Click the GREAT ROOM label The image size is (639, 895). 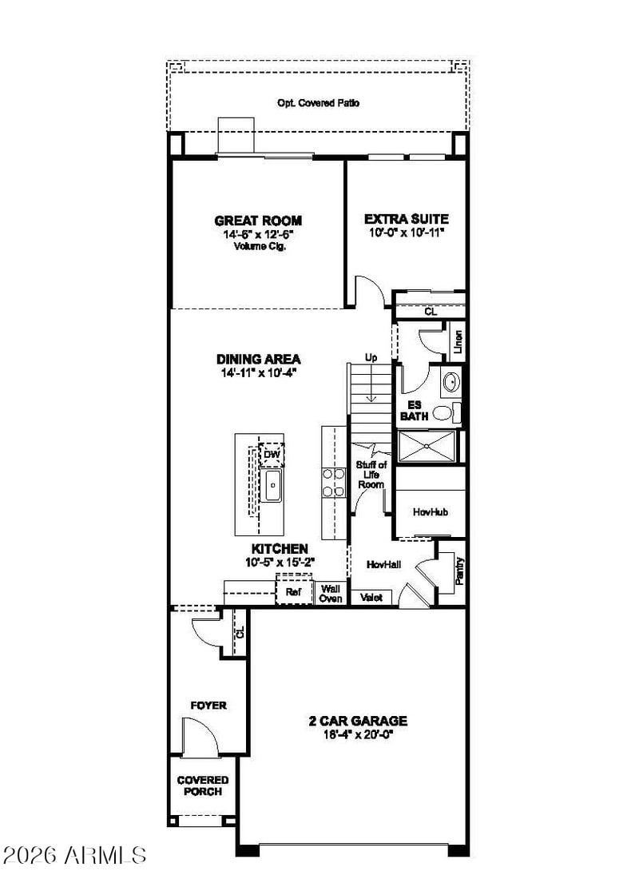(258, 221)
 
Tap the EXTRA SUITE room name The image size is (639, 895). (407, 219)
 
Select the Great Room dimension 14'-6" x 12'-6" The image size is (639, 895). (259, 234)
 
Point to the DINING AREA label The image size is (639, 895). (259, 359)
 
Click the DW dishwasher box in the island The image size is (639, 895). (272, 455)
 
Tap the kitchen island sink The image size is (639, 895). (272, 485)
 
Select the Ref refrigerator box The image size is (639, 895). (294, 591)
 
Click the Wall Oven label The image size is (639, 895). (331, 593)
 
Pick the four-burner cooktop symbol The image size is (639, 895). (334, 482)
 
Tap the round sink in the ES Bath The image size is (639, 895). (452, 381)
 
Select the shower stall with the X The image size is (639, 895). (427, 447)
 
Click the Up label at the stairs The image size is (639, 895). (371, 358)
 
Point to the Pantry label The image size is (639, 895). (459, 571)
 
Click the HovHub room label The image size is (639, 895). (431, 512)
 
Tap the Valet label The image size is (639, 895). (371, 597)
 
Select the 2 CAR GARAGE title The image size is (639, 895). (359, 721)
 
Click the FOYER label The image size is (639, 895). (208, 706)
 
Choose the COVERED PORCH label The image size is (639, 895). (203, 786)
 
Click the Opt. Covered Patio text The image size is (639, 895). (319, 103)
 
